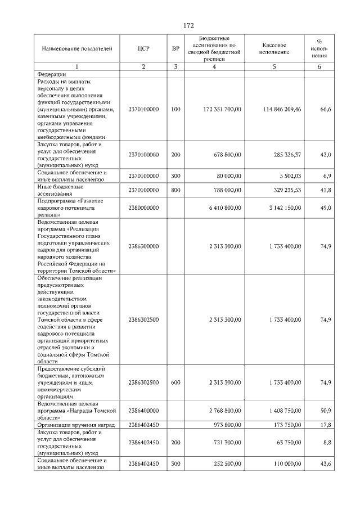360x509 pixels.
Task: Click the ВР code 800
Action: [x=175, y=190]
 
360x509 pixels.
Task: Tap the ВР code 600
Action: [x=175, y=382]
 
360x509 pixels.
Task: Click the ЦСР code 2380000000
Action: [x=143, y=208]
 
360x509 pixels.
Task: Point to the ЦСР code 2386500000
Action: [x=143, y=246]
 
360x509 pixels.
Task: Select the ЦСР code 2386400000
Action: [x=143, y=411]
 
